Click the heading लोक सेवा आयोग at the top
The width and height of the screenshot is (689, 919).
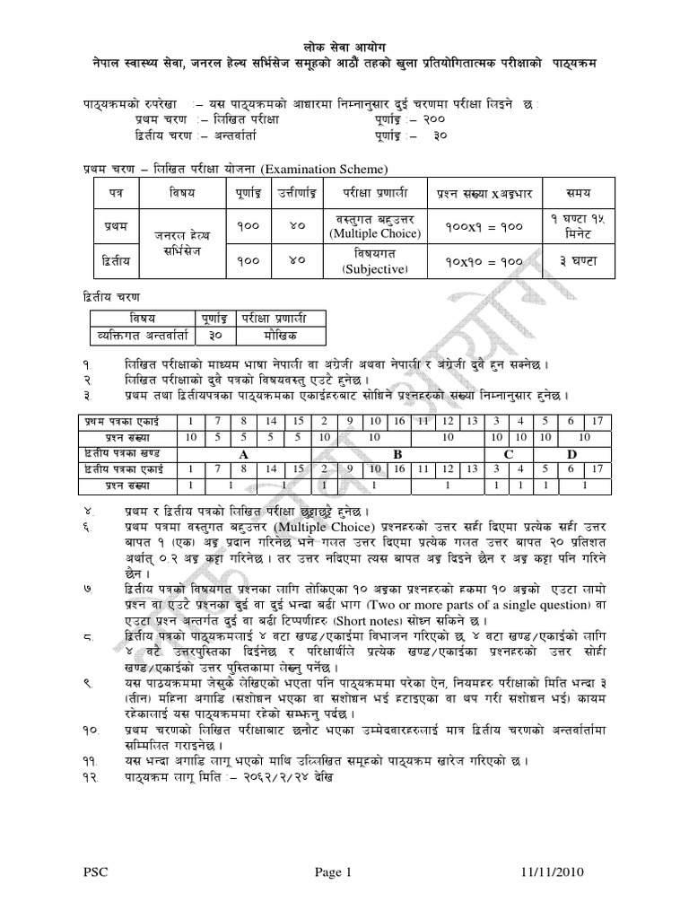tap(344, 46)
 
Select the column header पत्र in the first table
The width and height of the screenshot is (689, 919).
tap(110, 193)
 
